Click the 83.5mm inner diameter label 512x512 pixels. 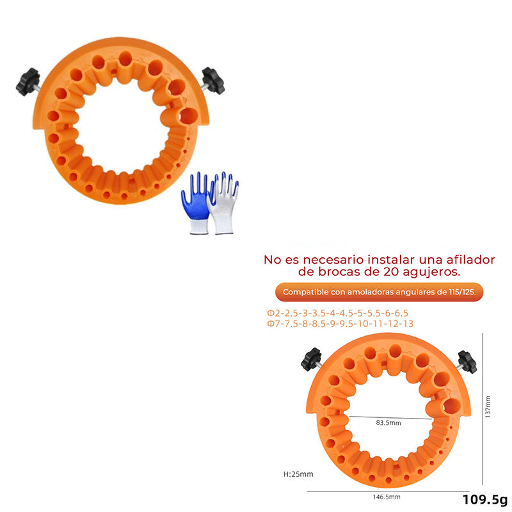click(x=388, y=422)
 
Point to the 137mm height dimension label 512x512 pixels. click(x=488, y=407)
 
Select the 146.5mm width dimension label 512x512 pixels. click(x=387, y=497)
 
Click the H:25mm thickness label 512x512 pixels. click(x=298, y=474)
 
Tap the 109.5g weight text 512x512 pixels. click(x=485, y=500)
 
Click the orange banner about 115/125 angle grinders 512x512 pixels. click(x=379, y=292)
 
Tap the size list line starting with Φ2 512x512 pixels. click(x=338, y=313)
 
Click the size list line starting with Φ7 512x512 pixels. click(x=340, y=324)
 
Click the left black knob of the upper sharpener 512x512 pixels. click(x=28, y=82)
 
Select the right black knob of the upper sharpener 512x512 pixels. click(x=213, y=81)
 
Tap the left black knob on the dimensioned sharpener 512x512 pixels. click(x=311, y=360)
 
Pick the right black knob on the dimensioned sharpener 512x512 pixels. click(x=467, y=362)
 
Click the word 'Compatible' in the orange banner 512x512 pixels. click(x=305, y=292)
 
